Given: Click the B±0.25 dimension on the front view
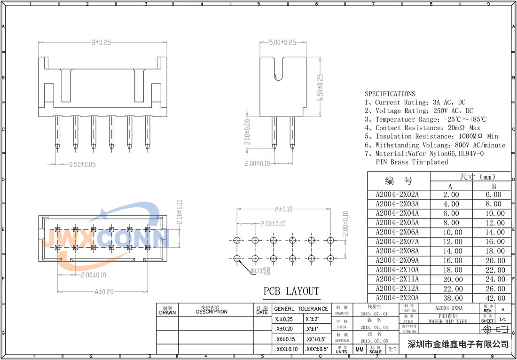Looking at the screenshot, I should tap(101, 42).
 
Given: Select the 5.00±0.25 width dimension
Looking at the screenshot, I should tap(282, 42).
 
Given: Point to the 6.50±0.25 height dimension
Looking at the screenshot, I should tap(321, 88).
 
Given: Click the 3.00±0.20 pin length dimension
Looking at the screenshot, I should tap(247, 132).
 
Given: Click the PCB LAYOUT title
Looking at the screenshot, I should tap(291, 291).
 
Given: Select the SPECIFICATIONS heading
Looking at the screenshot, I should tap(390, 94).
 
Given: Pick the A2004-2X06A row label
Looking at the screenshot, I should tap(397, 232).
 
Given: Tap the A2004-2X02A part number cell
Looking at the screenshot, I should tap(397, 195).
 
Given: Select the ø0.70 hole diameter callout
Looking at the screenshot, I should tap(260, 271).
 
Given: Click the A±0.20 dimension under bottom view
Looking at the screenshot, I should tap(104, 292).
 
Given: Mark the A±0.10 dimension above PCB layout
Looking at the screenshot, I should tap(283, 209).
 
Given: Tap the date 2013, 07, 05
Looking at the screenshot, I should tap(374, 340).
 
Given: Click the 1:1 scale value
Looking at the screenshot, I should tap(392, 349).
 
